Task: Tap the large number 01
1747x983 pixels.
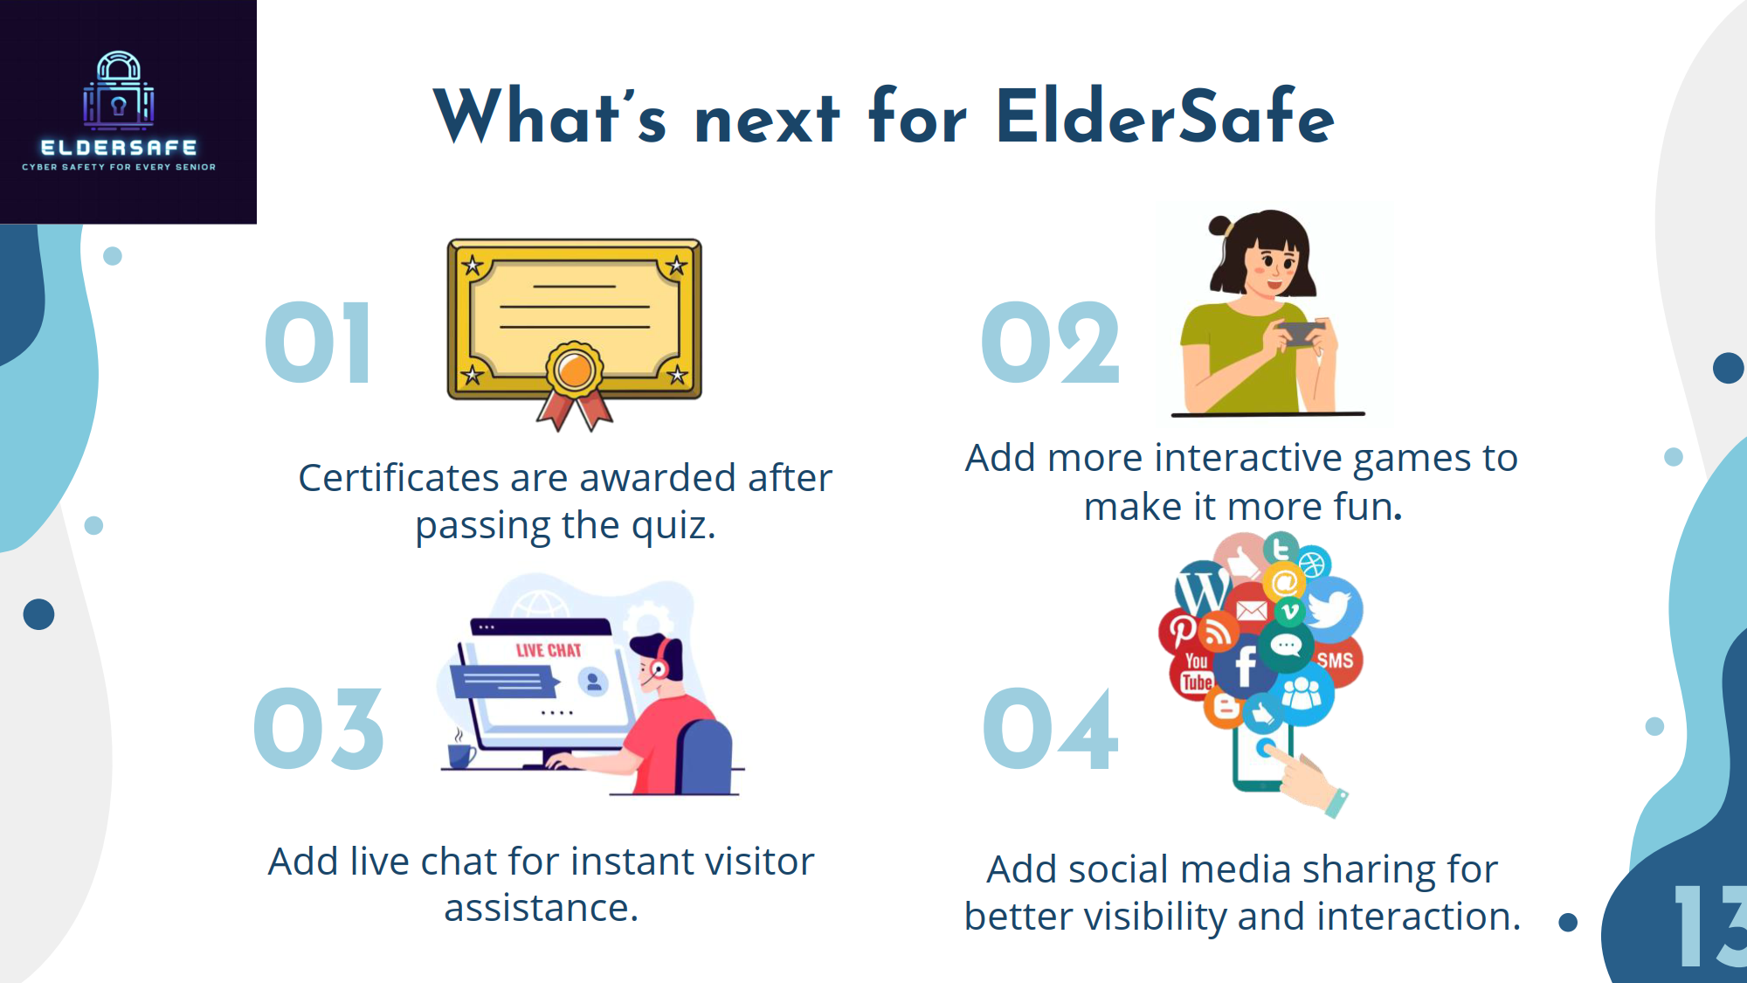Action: click(x=319, y=343)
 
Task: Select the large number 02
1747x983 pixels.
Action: click(x=1051, y=343)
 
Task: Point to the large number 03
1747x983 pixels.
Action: click(x=319, y=729)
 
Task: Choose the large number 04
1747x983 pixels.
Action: click(x=1051, y=729)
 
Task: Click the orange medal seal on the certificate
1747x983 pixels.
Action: click(x=575, y=370)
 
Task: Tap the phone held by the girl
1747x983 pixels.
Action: click(x=1298, y=333)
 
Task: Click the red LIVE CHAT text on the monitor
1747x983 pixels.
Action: click(x=549, y=650)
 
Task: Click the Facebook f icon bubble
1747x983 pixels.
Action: click(x=1246, y=668)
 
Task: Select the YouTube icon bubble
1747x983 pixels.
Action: click(x=1196, y=674)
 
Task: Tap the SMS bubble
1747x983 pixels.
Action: click(x=1334, y=660)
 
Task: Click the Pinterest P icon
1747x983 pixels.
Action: click(x=1182, y=630)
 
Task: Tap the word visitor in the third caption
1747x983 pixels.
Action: click(x=760, y=862)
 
